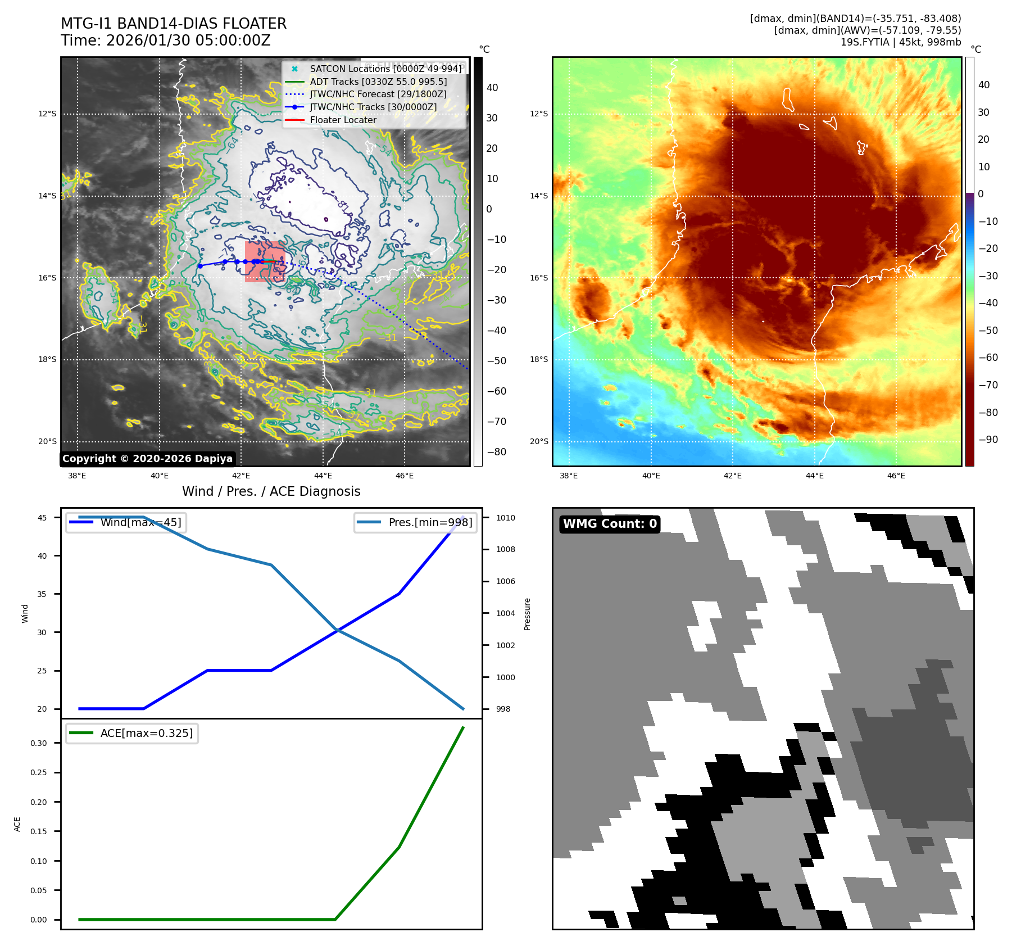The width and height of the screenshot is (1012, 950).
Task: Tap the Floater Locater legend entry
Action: (x=343, y=120)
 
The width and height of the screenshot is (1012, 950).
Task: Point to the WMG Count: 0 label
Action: (x=610, y=524)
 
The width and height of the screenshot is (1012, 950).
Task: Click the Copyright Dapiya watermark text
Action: (x=147, y=459)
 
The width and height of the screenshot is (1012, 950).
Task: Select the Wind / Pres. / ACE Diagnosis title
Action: (x=271, y=491)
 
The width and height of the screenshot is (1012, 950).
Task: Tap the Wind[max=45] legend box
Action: (x=126, y=522)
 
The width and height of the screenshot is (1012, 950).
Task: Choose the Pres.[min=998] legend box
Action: (x=416, y=522)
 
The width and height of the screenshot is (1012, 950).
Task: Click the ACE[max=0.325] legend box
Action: (x=132, y=733)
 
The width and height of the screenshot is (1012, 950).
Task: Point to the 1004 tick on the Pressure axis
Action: (x=505, y=613)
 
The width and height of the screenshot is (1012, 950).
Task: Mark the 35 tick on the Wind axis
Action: (x=42, y=594)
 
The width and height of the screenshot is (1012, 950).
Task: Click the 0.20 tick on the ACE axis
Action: (x=39, y=802)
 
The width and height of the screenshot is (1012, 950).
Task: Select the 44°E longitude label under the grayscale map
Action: (x=323, y=476)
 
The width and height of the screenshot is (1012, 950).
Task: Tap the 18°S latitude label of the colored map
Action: (x=539, y=359)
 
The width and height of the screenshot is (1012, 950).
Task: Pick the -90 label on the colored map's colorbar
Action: (x=988, y=440)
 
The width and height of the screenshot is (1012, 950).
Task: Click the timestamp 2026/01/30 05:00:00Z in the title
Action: (x=188, y=40)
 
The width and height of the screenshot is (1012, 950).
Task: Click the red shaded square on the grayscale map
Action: (x=265, y=261)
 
